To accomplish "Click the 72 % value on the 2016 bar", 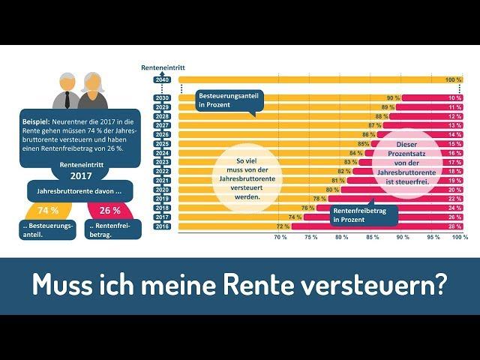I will (x=283, y=226).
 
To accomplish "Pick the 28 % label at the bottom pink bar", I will (x=454, y=226).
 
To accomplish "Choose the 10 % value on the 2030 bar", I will (x=454, y=98).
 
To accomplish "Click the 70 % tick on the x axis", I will (x=280, y=237).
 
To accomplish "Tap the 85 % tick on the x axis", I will (x=372, y=237).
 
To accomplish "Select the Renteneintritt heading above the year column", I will (x=160, y=67).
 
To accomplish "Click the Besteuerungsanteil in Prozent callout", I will (x=225, y=100).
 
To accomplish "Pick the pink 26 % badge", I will (x=109, y=211).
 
